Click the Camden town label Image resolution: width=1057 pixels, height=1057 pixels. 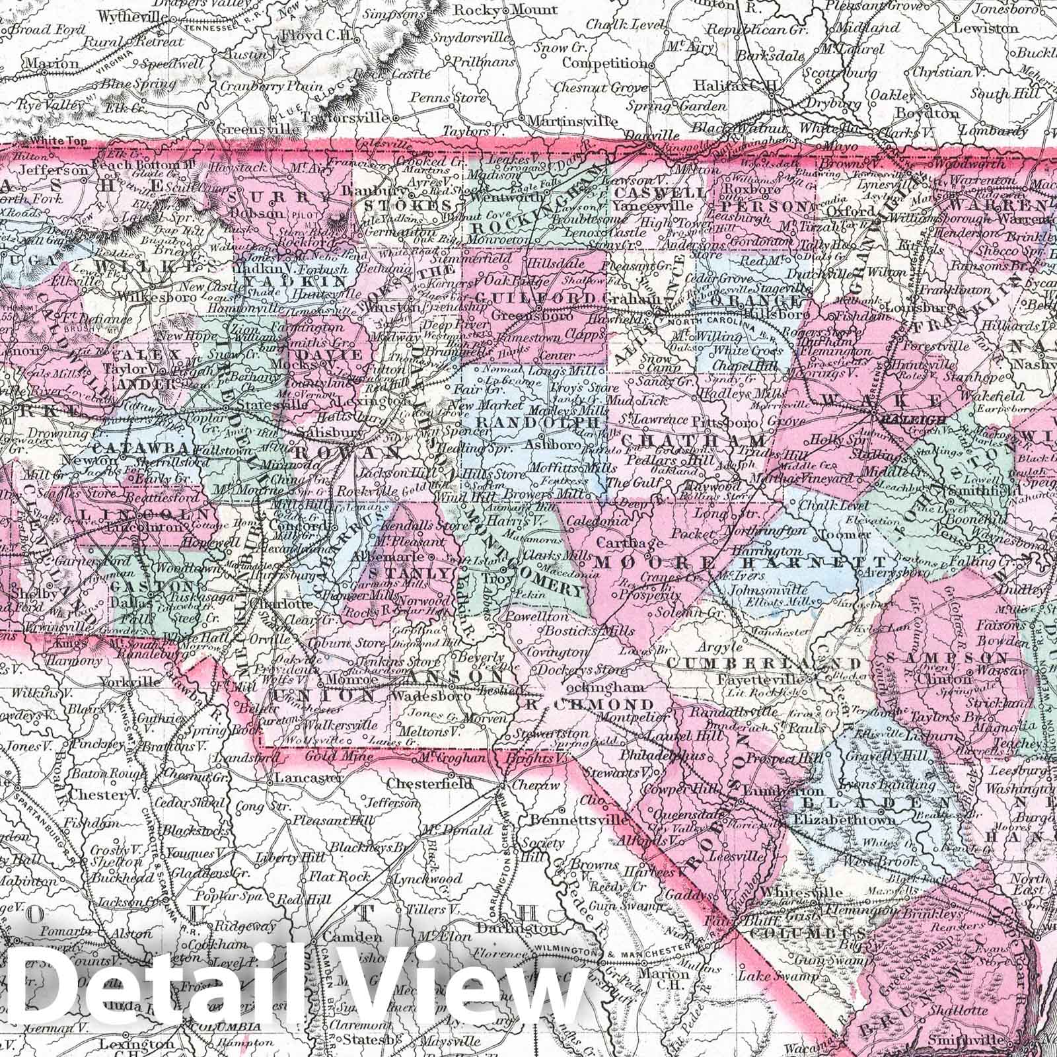tap(342, 937)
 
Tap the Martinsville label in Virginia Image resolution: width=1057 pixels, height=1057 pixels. tap(570, 121)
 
